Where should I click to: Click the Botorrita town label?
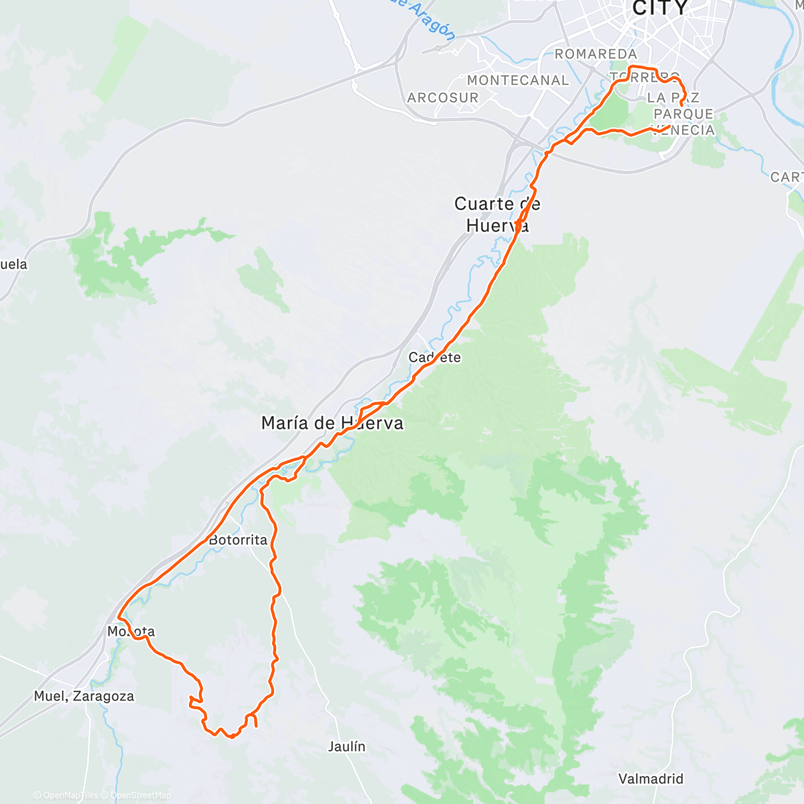(x=238, y=540)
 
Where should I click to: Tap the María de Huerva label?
(x=332, y=423)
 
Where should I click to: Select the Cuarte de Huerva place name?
(x=497, y=214)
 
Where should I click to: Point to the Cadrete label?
(x=435, y=358)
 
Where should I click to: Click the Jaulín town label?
(x=347, y=746)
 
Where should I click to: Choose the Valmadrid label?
(x=651, y=779)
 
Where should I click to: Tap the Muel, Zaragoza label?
(x=84, y=697)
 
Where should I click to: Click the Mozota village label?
(x=131, y=632)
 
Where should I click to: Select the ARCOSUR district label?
(x=443, y=98)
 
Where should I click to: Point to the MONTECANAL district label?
(x=518, y=80)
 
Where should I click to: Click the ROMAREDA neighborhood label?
(x=596, y=54)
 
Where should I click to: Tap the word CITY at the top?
(x=660, y=9)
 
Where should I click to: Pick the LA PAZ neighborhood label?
(x=673, y=98)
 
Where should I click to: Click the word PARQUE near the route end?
(x=683, y=114)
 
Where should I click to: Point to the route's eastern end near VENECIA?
(x=669, y=126)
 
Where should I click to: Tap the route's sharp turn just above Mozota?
(x=119, y=616)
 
